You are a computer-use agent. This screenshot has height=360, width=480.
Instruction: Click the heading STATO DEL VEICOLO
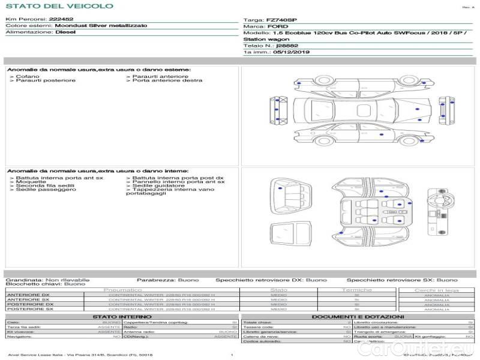59,7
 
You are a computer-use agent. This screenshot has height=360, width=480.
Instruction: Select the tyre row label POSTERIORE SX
28,309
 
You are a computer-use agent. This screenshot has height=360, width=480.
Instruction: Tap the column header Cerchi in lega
436,290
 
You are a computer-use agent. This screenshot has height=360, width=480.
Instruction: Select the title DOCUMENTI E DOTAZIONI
358,316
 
